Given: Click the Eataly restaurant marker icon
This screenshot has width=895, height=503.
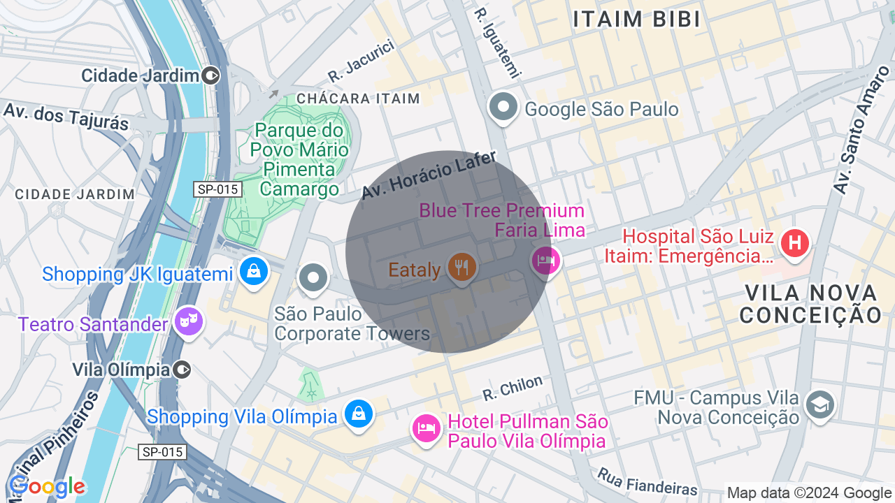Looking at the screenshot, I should [x=461, y=268].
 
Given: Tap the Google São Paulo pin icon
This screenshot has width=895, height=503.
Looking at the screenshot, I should [x=503, y=108].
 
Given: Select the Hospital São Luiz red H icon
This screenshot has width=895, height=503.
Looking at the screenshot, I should [x=794, y=244].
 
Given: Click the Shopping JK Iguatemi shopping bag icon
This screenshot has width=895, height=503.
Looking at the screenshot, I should [x=253, y=271].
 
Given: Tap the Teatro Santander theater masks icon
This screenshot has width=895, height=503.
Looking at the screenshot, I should [x=189, y=321].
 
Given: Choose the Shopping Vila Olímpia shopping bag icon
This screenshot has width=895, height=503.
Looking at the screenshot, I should [x=359, y=414].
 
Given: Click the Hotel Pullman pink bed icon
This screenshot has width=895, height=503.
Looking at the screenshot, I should [x=426, y=428].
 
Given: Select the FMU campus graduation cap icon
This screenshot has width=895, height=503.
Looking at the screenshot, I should [x=819, y=404].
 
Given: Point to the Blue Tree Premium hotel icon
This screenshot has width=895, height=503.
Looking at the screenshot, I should [x=545, y=261].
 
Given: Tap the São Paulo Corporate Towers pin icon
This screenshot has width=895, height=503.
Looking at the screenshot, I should [x=313, y=278].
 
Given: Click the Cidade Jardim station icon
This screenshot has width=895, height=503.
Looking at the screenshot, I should [x=210, y=75].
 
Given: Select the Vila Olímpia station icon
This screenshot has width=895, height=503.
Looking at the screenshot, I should [x=182, y=369].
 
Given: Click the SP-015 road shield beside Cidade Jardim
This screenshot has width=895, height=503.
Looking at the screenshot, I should [x=218, y=189].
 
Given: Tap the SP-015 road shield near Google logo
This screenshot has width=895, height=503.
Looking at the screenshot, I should [x=162, y=452].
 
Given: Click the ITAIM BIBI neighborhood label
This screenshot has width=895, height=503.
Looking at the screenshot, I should [x=636, y=20].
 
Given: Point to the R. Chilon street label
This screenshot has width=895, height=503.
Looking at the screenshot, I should [x=513, y=388].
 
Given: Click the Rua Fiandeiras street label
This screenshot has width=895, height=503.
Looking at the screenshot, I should [x=647, y=481].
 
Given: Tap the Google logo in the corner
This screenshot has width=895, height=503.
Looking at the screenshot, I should [x=47, y=486].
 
